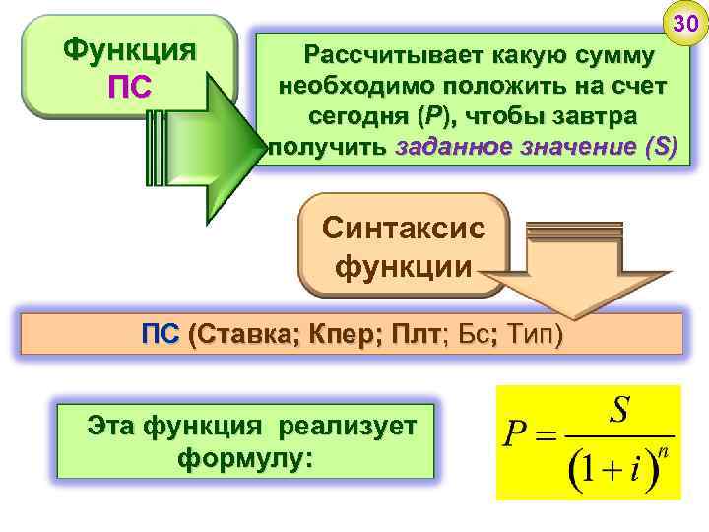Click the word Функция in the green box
click(128, 48)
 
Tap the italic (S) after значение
click(660, 148)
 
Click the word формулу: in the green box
click(245, 459)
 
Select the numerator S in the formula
click(619, 412)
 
